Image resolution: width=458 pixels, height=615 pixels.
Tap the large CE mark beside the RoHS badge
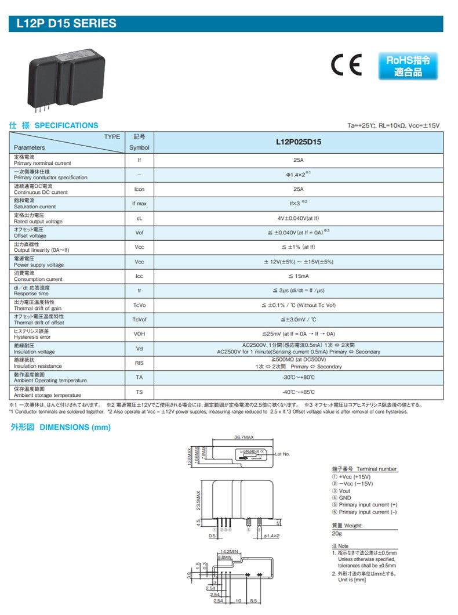[x=346, y=65]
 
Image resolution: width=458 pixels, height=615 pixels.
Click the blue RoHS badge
[x=408, y=66]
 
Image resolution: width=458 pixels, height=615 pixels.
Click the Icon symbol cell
[x=139, y=189]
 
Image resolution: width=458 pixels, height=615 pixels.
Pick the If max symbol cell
[x=139, y=204]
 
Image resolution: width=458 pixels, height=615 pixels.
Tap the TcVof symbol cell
[x=139, y=320]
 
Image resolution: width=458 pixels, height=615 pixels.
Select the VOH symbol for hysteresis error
[x=139, y=334]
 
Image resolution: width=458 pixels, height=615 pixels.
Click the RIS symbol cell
[x=139, y=363]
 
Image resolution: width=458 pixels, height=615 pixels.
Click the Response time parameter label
[x=31, y=294]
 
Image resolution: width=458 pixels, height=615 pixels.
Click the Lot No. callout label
[x=282, y=454]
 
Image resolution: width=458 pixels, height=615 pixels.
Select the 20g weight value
[x=336, y=533]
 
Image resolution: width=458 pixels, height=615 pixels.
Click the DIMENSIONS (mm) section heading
[x=60, y=427]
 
